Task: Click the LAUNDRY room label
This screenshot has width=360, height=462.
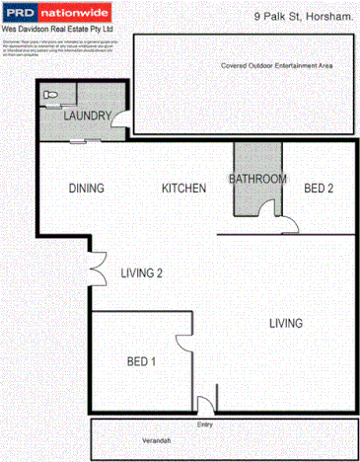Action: pyautogui.click(x=85, y=116)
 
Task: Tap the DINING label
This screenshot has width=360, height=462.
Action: pyautogui.click(x=87, y=189)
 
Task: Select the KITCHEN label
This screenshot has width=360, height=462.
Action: pyautogui.click(x=183, y=189)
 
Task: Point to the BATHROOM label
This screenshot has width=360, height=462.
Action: pyautogui.click(x=257, y=180)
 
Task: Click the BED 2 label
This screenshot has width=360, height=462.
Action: pyautogui.click(x=319, y=189)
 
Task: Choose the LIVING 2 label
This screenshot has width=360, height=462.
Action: pyautogui.click(x=141, y=274)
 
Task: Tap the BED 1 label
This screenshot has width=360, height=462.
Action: pyautogui.click(x=141, y=362)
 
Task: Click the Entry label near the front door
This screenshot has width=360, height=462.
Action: pyautogui.click(x=205, y=425)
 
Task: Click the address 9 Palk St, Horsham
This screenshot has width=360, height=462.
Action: pyautogui.click(x=304, y=17)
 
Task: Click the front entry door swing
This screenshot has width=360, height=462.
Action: pyautogui.click(x=202, y=405)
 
